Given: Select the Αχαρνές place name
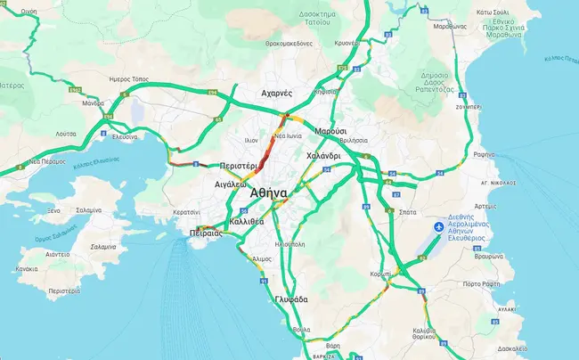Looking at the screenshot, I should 276,93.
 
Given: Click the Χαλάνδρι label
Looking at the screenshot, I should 324,155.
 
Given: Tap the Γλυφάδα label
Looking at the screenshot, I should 291,299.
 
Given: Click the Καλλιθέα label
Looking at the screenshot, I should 246,220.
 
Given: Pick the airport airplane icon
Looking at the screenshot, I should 437,227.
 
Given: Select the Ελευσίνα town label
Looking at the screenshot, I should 123,137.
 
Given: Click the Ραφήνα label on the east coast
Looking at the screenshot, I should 484,154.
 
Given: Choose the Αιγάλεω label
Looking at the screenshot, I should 230,184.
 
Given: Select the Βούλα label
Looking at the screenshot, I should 302,330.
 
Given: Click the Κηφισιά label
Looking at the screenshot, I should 326,91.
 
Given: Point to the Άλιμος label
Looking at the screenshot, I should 262,258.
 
